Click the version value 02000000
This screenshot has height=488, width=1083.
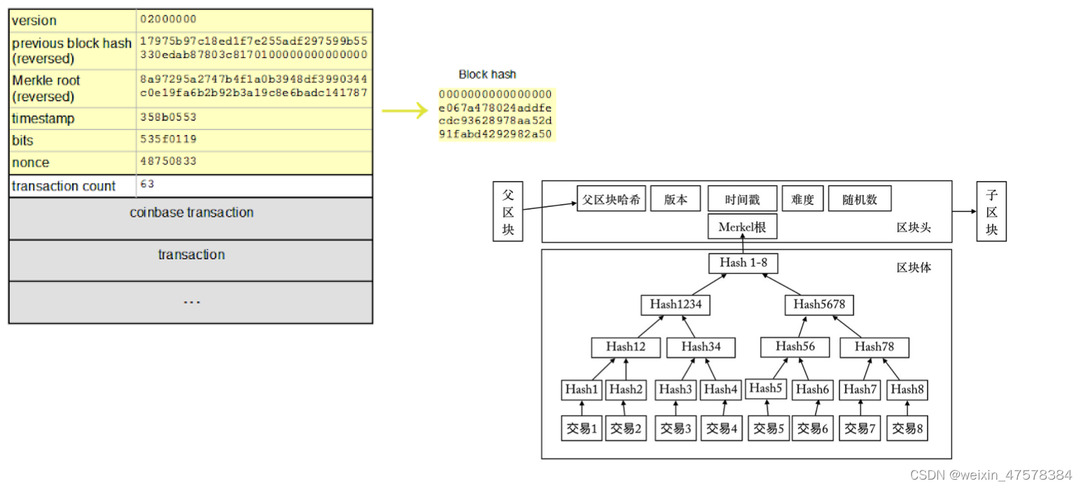click(x=168, y=20)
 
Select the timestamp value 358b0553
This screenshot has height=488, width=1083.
click(x=168, y=117)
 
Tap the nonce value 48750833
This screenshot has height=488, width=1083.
click(x=168, y=162)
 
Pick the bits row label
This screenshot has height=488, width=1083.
click(x=22, y=141)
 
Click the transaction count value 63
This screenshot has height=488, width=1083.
click(x=147, y=184)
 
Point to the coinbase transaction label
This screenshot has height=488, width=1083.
click(x=191, y=213)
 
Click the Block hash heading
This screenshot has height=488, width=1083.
click(x=487, y=74)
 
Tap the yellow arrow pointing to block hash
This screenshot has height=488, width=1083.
click(x=405, y=110)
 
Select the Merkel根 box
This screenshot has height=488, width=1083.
click(x=742, y=227)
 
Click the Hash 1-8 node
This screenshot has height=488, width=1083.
click(x=743, y=263)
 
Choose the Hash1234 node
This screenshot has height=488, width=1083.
click(x=676, y=305)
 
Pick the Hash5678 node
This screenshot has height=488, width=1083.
click(x=819, y=305)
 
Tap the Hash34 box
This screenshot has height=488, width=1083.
click(x=701, y=347)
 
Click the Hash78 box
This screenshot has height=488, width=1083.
click(x=874, y=347)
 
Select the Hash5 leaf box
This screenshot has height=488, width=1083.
click(x=766, y=389)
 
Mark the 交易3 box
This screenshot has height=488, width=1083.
click(x=676, y=428)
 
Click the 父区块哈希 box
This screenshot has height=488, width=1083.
click(x=611, y=199)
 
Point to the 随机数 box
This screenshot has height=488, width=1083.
click(x=860, y=199)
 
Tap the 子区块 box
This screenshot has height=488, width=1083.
click(x=991, y=211)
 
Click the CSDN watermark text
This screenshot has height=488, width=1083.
click(x=991, y=475)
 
